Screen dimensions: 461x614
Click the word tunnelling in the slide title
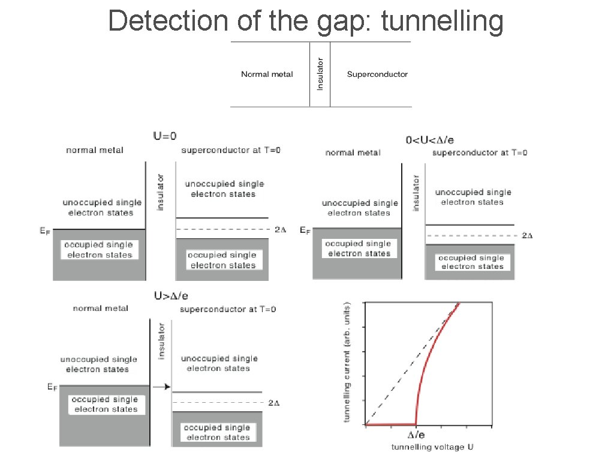click(441, 22)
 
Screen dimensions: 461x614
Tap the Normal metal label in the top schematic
click(267, 74)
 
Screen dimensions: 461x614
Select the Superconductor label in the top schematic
click(377, 74)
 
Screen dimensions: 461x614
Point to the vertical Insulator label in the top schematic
click(320, 74)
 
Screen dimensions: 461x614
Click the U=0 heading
click(169, 136)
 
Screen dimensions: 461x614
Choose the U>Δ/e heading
click(171, 295)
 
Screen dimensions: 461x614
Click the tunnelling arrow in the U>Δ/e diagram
click(161, 387)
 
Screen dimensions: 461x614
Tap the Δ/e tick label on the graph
click(417, 435)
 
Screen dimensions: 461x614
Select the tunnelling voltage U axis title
click(432, 447)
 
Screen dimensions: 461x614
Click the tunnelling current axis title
click(348, 361)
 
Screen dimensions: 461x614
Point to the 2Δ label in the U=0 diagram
click(280, 229)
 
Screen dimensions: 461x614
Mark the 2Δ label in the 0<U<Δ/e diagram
click(527, 235)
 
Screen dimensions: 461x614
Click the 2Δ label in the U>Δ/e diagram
click(274, 403)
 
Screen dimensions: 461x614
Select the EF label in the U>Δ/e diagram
click(52, 388)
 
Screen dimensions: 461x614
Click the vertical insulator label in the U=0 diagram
click(160, 192)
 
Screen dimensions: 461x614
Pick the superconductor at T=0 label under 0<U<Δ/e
click(480, 152)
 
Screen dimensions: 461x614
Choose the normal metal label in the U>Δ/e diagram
click(100, 309)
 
